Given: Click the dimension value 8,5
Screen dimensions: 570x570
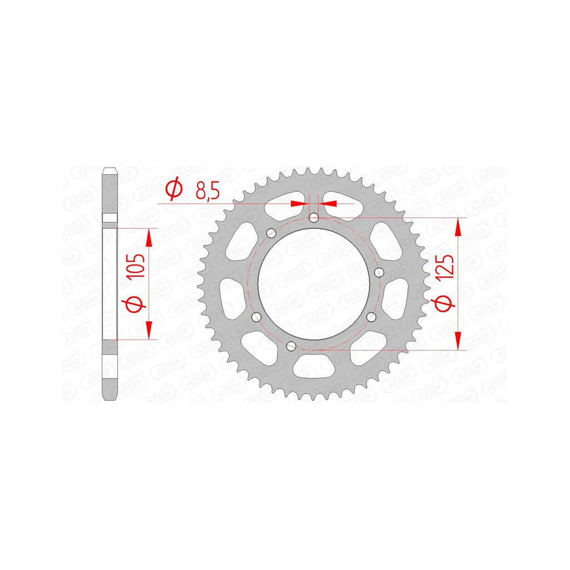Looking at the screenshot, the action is point(208,190).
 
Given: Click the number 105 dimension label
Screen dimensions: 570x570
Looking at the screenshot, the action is point(137,266).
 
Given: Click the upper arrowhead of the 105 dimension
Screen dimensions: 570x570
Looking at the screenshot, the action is point(149,238).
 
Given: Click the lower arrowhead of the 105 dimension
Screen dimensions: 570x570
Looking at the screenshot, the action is point(149,331).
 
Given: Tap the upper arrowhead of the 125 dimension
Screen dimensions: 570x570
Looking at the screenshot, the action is point(458,227).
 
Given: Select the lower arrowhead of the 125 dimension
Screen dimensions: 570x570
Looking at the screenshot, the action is point(458,341).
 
